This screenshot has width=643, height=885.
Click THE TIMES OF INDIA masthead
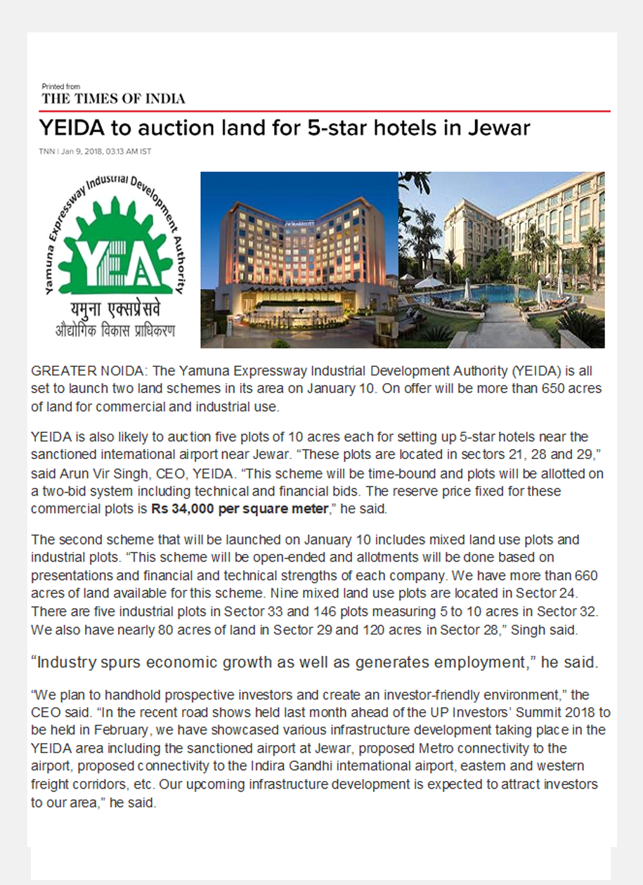(x=113, y=98)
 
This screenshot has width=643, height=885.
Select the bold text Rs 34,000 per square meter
(x=240, y=508)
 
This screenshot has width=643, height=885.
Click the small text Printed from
(x=61, y=86)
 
